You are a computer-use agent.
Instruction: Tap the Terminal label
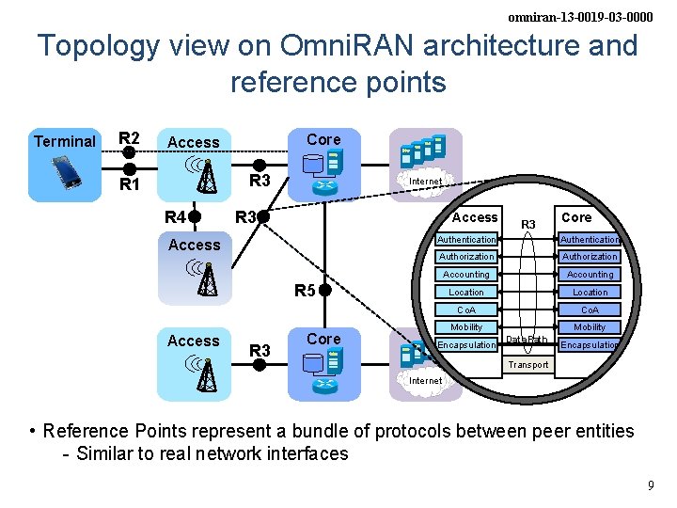64,142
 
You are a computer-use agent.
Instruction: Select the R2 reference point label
129,138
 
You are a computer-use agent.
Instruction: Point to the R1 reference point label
129,184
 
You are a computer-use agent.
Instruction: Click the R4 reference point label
175,218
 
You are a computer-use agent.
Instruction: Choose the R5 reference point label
304,291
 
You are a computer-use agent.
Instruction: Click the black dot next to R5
324,290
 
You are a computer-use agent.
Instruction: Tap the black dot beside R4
194,218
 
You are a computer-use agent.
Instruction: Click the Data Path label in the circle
527,340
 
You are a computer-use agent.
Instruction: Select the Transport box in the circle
528,364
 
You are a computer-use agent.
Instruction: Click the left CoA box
466,310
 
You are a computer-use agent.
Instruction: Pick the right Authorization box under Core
590,256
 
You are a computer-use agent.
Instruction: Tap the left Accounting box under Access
466,274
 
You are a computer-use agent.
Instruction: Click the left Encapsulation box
466,345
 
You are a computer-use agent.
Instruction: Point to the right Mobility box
590,327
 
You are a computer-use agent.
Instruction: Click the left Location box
466,292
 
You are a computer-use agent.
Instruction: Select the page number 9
650,485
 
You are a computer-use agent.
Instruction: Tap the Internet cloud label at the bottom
426,380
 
